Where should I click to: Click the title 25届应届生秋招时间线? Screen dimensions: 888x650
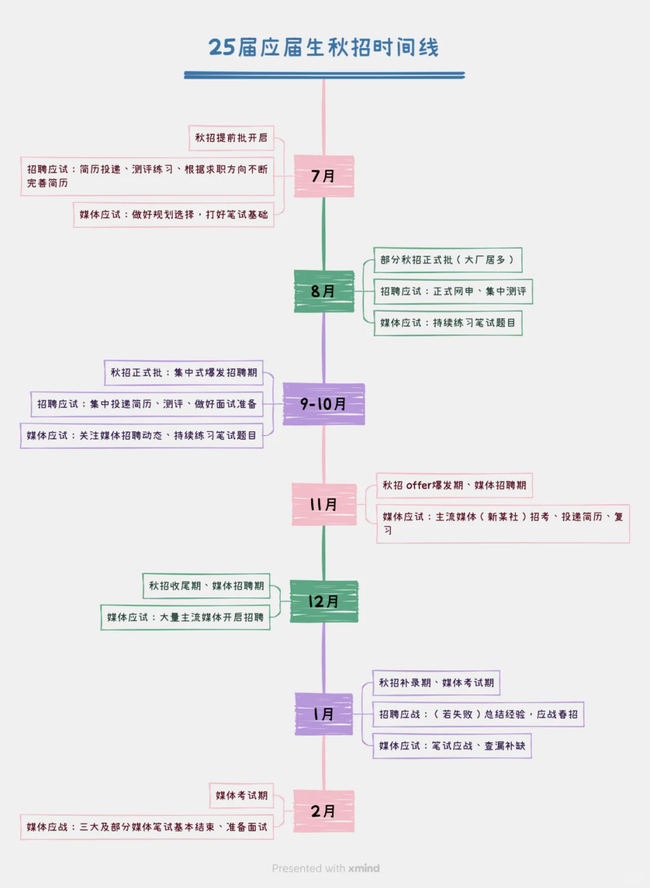click(324, 48)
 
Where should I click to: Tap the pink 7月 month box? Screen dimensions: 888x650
click(324, 176)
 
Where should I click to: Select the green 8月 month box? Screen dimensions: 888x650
click(324, 291)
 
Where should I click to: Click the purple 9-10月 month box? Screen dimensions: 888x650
click(324, 404)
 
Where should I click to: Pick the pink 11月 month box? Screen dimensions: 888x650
click(324, 504)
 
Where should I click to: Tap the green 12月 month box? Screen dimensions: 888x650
click(324, 601)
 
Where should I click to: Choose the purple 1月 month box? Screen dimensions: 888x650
click(324, 714)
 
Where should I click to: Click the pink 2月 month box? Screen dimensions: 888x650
click(324, 811)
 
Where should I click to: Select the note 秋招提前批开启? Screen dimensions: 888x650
click(231, 138)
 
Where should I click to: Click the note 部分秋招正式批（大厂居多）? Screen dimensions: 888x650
click(447, 260)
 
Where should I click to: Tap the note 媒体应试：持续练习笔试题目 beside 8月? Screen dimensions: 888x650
click(447, 323)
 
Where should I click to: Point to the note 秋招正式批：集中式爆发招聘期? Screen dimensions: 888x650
click(184, 372)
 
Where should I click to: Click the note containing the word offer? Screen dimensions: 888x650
click(454, 486)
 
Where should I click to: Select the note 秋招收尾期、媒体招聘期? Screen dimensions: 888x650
click(206, 586)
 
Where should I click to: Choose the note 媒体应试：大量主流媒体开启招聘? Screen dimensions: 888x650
click(185, 617)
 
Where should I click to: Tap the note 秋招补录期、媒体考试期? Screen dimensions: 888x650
click(436, 683)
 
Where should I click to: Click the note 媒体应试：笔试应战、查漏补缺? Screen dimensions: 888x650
click(452, 746)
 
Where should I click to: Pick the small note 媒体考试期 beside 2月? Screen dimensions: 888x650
click(241, 795)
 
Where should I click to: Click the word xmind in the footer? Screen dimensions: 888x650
click(364, 868)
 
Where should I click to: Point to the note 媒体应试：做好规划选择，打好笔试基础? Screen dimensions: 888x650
click(173, 215)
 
